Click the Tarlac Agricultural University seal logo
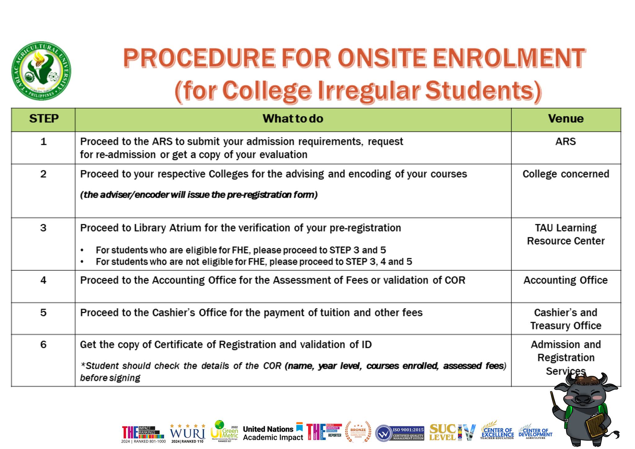41,71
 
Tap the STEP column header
43,119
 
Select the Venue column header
566,119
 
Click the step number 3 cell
43,228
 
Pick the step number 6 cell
43,345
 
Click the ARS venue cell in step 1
566,142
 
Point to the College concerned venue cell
566,174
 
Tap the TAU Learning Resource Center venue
566,234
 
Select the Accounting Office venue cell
566,280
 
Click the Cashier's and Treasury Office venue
566,319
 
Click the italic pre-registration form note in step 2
199,195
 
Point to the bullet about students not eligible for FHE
254,262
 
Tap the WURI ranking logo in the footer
188,433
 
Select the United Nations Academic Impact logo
273,433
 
